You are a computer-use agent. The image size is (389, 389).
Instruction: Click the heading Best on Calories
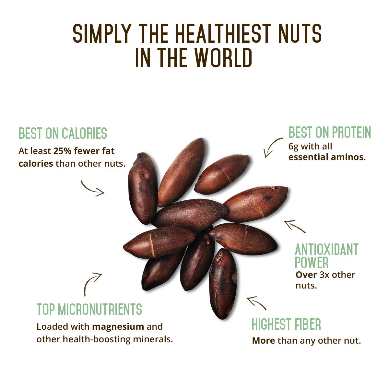tap(63, 133)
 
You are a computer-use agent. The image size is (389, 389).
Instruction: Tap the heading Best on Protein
tap(329, 133)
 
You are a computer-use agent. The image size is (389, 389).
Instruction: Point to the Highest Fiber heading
tap(286, 324)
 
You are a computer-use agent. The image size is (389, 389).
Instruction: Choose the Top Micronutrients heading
tap(89, 309)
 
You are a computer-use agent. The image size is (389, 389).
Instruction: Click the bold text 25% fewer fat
tap(84, 151)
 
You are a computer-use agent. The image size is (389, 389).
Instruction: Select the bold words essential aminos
tap(327, 158)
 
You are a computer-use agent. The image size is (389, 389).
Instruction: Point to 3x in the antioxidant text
tap(325, 275)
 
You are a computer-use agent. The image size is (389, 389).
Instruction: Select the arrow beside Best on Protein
tap(273, 147)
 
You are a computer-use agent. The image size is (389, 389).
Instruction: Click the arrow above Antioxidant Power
tap(294, 226)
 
